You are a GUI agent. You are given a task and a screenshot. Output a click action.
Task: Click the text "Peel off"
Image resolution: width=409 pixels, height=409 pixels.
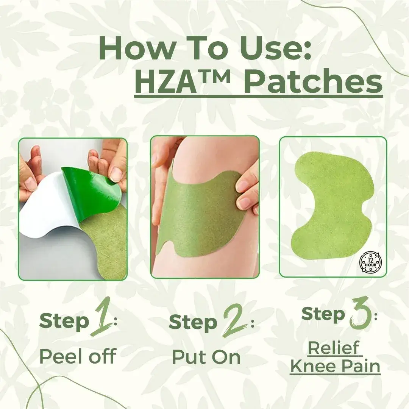click(78, 356)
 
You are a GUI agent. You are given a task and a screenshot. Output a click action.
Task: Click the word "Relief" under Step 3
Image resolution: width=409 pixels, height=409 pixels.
click(334, 348)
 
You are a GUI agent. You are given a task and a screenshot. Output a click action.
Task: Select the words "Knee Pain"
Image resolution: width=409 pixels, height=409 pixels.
click(335, 366)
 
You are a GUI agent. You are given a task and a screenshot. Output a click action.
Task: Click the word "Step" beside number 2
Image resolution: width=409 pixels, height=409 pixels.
click(193, 323)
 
